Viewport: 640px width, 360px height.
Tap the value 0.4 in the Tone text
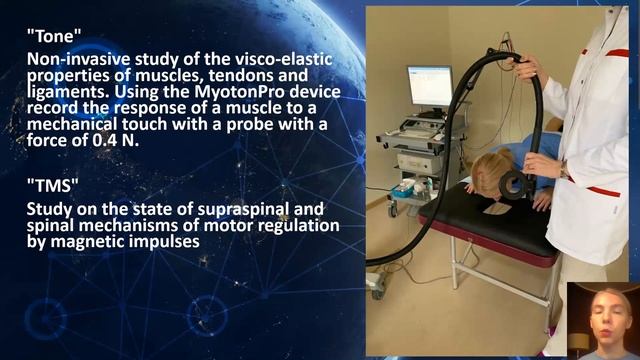click(x=122, y=140)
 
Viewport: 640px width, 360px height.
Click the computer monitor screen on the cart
click(x=429, y=87)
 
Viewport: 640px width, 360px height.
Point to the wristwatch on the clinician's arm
click(x=565, y=172)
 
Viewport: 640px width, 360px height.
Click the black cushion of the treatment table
click(x=480, y=220)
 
